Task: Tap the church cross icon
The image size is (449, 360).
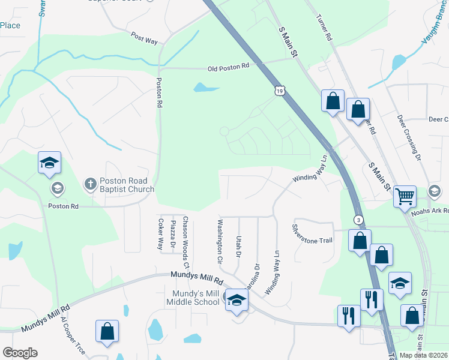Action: [x=90, y=184]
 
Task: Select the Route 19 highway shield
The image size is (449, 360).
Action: [x=280, y=91]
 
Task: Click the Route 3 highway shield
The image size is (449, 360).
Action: [x=358, y=220]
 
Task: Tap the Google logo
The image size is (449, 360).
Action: [x=20, y=353]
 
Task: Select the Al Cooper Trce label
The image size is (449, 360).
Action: [x=73, y=335]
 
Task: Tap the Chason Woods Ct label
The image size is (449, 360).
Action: [x=186, y=242]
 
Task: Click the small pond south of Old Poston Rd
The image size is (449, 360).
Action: [x=206, y=88]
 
